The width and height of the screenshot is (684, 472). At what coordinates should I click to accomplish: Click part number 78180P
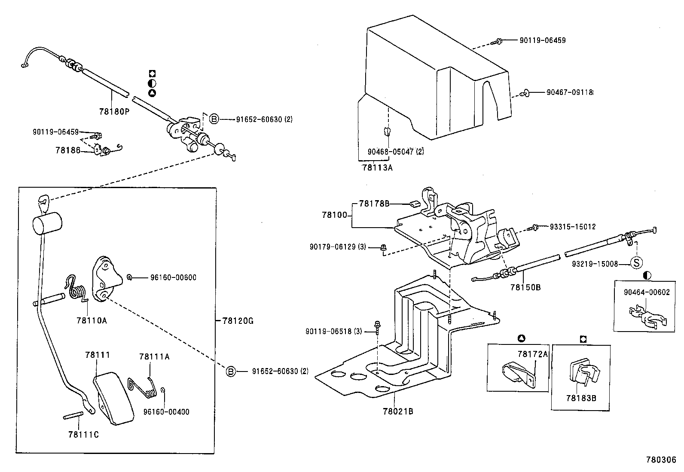point(114,112)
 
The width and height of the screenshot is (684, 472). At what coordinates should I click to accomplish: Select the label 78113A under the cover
point(377,167)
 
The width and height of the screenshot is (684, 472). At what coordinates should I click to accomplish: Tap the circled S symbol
point(636,263)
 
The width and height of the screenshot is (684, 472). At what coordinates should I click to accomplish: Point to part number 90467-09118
point(570,92)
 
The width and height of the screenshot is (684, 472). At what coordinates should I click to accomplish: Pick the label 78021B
point(398,411)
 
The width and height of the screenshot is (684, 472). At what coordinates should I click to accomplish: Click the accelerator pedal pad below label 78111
point(114,398)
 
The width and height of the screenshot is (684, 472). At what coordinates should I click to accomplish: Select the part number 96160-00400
point(166,412)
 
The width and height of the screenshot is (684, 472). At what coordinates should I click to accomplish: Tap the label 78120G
point(238,321)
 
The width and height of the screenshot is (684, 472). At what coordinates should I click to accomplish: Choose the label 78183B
point(581,398)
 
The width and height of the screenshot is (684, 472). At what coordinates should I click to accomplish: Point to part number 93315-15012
point(573,227)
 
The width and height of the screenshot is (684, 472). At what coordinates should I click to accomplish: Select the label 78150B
point(525,287)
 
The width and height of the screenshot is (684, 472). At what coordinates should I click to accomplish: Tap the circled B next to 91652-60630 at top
point(214,119)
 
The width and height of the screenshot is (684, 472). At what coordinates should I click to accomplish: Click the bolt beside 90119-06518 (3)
point(377,328)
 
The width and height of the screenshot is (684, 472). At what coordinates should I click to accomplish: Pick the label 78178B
point(374,204)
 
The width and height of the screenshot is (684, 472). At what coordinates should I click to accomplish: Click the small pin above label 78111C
point(73,415)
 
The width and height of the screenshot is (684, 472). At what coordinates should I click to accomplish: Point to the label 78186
point(68,150)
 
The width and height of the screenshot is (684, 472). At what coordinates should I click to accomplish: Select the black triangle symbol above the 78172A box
point(521,338)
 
